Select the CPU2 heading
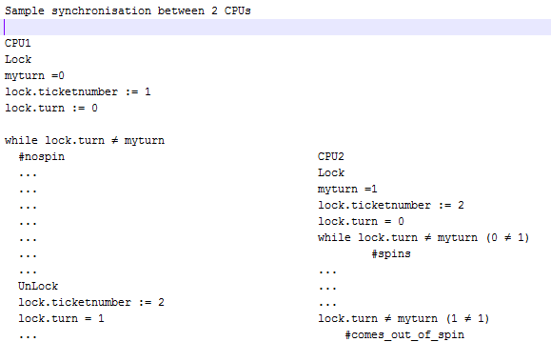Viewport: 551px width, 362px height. pyautogui.click(x=331, y=156)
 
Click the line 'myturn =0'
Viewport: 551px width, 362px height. pyautogui.click(x=34, y=75)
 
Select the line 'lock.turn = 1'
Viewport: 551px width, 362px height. pyautogui.click(x=61, y=318)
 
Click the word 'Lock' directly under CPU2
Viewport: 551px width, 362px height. pyautogui.click(x=331, y=172)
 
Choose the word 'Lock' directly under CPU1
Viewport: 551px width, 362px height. pyautogui.click(x=18, y=59)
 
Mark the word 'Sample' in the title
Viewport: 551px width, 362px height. pyautogui.click(x=25, y=10)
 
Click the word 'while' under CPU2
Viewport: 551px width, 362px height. pyautogui.click(x=335, y=237)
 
